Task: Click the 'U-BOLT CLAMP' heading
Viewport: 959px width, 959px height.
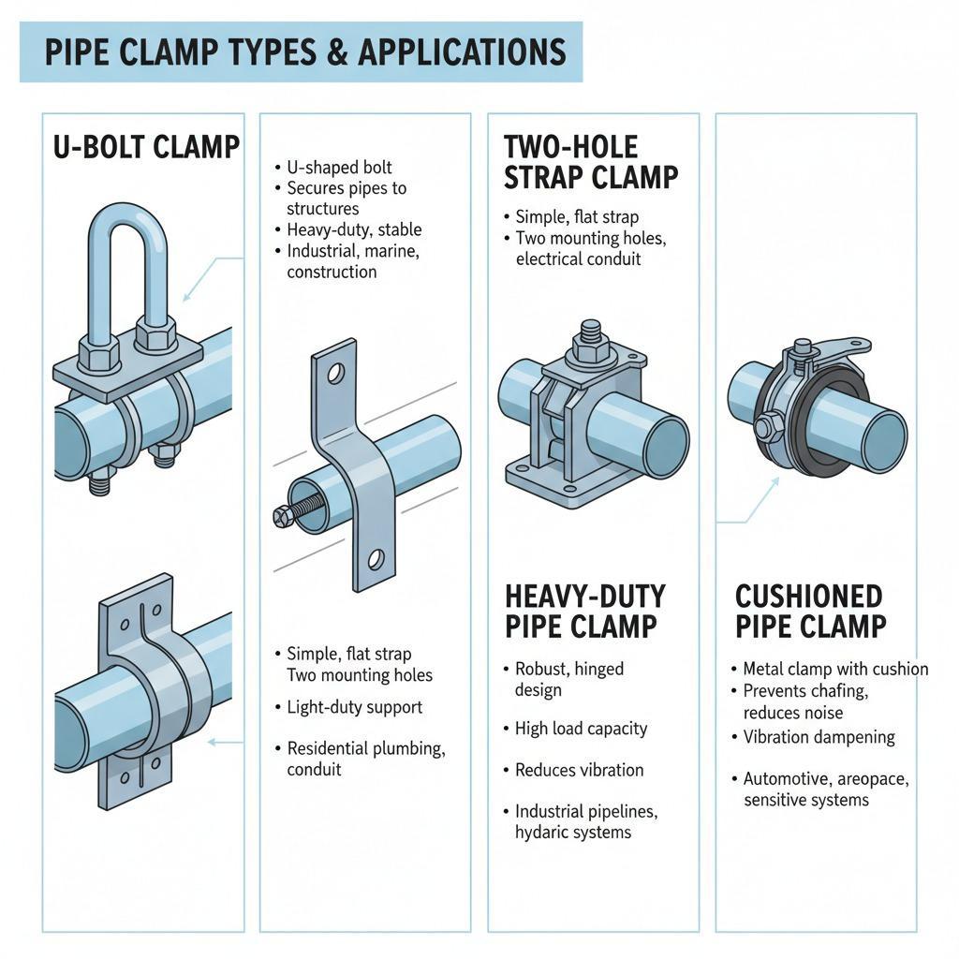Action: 146,147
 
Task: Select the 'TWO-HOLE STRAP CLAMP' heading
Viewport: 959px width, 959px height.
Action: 591,161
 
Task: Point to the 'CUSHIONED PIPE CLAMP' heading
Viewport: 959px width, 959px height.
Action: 810,611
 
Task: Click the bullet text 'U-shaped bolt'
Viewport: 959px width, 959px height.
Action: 340,168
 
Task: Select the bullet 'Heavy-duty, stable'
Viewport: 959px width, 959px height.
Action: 354,229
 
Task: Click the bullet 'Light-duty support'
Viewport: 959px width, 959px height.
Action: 354,707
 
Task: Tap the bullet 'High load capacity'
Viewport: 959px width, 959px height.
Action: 581,729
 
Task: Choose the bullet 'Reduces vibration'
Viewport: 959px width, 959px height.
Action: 579,770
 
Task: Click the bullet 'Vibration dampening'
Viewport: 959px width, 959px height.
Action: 819,737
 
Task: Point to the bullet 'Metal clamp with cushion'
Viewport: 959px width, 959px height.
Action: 835,669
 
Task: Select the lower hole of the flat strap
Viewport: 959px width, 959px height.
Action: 376,560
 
